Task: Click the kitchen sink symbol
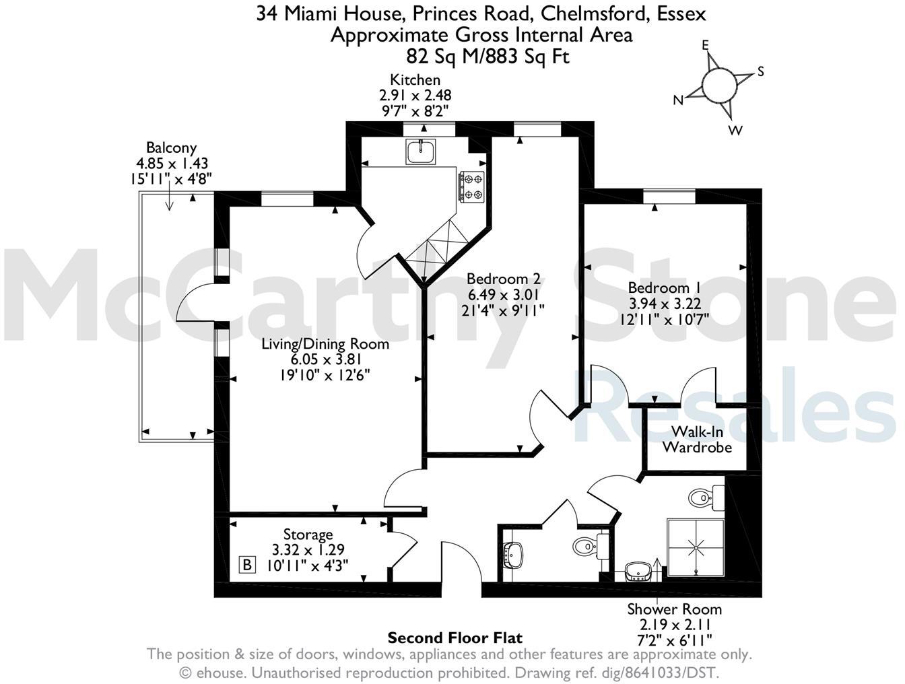422,151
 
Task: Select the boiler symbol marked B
247,564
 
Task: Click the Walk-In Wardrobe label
696,439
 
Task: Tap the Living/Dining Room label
325,344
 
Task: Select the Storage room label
308,535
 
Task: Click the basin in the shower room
638,571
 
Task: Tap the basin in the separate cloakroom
514,555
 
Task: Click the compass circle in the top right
719,84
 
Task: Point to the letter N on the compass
679,100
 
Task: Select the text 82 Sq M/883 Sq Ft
488,56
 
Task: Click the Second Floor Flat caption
455,638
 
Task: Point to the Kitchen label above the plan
415,80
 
